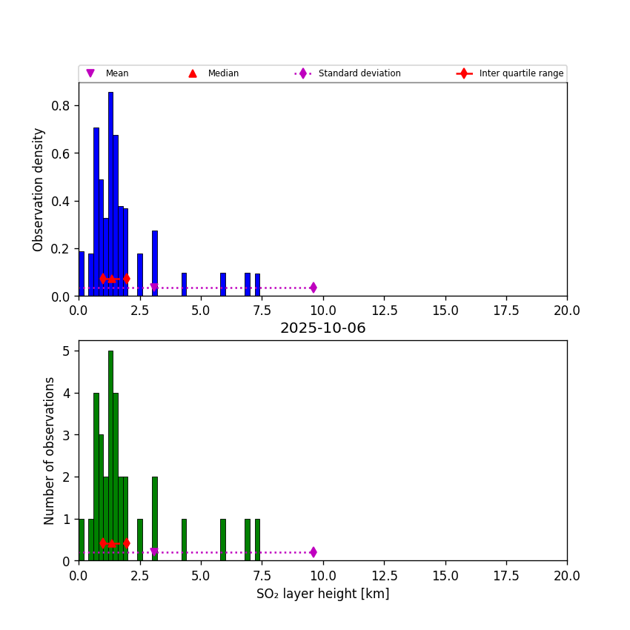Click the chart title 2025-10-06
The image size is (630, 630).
pos(322,328)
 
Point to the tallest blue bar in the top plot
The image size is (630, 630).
pos(110,193)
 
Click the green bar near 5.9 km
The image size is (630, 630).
pos(222,540)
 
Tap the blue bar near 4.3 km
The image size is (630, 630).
pos(184,285)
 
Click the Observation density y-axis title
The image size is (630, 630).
pos(39,189)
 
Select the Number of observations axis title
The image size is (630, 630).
pos(50,451)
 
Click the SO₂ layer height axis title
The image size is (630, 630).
pos(322,594)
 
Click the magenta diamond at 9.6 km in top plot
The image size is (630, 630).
pos(313,288)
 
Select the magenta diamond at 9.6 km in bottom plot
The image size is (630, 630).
pos(313,552)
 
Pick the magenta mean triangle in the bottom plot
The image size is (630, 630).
pos(154,552)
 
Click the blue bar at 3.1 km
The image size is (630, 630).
pos(155,263)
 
